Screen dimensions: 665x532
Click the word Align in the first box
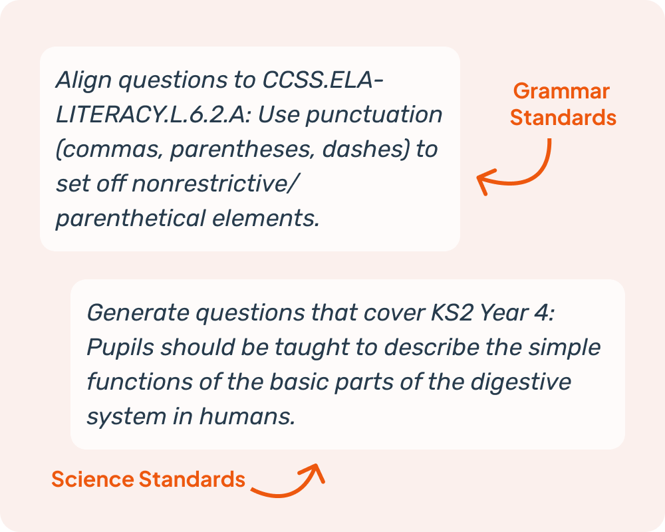click(84, 80)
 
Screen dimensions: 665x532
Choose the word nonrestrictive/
click(215, 184)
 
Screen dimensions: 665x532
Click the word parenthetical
click(130, 219)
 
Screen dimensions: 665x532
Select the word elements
click(265, 219)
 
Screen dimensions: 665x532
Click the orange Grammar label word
click(561, 92)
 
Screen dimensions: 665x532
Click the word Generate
click(138, 313)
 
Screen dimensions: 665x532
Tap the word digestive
click(521, 382)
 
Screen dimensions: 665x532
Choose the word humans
click(247, 416)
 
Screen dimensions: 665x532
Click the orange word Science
click(92, 479)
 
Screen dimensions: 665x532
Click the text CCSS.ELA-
click(323, 80)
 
